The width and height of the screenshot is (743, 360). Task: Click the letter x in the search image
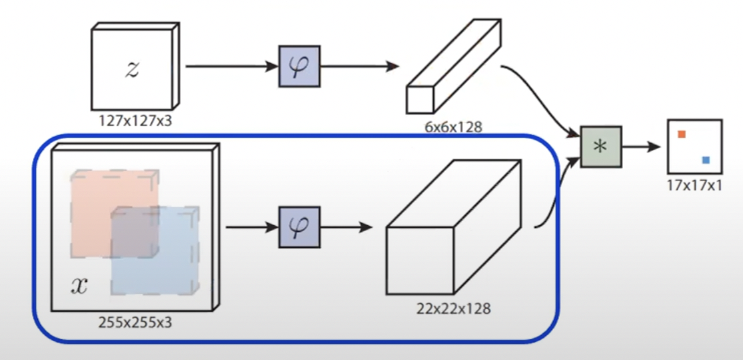click(79, 285)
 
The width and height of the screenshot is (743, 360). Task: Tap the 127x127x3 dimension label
click(135, 120)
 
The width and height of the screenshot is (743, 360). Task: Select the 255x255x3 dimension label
click(135, 322)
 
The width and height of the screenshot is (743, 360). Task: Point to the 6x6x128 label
click(454, 127)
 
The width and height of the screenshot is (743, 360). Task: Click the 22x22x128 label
click(453, 308)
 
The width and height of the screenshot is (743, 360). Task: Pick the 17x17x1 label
click(694, 186)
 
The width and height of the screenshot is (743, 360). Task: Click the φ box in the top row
click(299, 67)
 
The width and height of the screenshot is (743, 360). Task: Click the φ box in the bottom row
click(299, 227)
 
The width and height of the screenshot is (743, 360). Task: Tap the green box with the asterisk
click(601, 146)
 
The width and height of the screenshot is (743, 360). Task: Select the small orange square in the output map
click(681, 134)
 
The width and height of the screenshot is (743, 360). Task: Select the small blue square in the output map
click(706, 160)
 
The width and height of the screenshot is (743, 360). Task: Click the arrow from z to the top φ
click(231, 67)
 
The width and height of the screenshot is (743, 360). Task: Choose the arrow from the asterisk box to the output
click(641, 147)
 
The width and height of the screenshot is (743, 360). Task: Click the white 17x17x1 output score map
click(695, 147)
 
